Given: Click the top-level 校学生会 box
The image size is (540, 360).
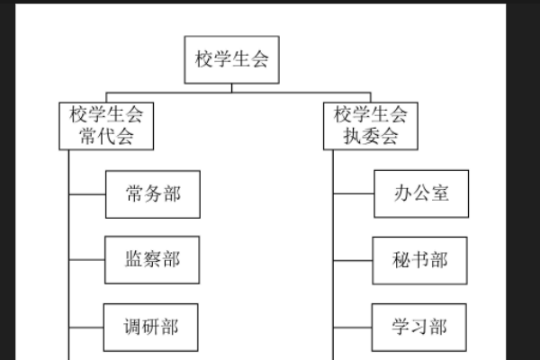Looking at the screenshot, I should (x=232, y=59).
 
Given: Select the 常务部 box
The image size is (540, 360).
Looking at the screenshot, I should (x=152, y=193).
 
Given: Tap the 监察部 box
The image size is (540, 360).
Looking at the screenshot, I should (x=152, y=259).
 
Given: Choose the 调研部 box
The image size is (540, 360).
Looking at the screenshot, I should (x=152, y=326).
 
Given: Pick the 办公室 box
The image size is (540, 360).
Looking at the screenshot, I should (x=421, y=193).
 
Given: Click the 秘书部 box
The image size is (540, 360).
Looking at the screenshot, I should (x=420, y=260).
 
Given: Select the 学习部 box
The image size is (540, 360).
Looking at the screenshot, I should (x=420, y=326).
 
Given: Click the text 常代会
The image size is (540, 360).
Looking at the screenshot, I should (x=106, y=138).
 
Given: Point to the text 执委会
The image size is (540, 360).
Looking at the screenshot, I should (x=371, y=138).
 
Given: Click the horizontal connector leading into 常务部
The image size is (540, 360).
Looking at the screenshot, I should (x=87, y=193).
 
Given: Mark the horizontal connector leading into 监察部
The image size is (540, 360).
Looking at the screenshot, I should (x=87, y=259).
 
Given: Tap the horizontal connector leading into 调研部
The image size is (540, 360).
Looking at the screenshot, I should (x=87, y=326).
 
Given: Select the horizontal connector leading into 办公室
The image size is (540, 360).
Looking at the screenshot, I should (x=354, y=193).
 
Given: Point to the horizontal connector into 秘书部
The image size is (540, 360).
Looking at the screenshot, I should (x=354, y=260).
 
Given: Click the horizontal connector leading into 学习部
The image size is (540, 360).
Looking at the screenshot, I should (x=354, y=326).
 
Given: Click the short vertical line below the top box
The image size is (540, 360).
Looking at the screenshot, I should (x=232, y=87).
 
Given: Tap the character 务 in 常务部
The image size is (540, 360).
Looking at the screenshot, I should (x=152, y=193).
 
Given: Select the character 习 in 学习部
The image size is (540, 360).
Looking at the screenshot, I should (x=420, y=326).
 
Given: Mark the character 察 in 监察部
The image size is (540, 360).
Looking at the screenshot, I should (x=152, y=259).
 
